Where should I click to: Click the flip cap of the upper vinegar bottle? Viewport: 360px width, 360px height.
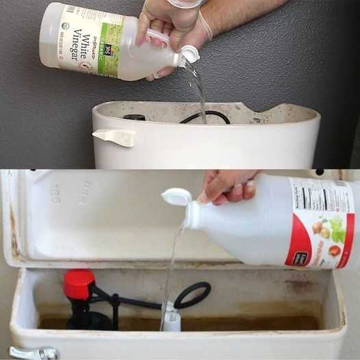189,54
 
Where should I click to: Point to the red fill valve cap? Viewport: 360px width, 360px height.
79,283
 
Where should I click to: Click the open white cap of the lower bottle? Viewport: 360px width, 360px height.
176,197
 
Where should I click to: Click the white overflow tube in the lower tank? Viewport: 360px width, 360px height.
171,318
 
